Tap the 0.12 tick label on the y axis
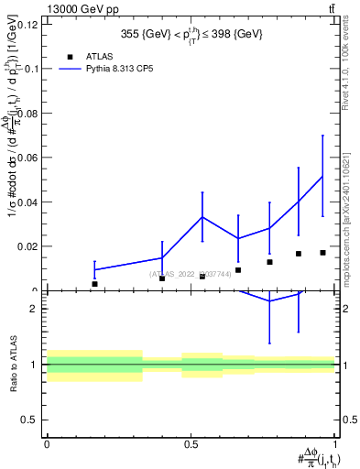[x=27, y=25]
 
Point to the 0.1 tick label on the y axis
[x=30, y=69]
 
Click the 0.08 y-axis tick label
[x=27, y=114]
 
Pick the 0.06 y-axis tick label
[x=27, y=158]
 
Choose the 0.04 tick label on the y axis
[x=27, y=202]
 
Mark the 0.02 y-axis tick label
[x=27, y=246]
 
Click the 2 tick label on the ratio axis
[x=36, y=309]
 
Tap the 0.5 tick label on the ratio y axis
[x=30, y=420]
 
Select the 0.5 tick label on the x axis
[x=191, y=444]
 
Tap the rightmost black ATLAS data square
[x=322, y=253]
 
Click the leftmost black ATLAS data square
[x=94, y=284]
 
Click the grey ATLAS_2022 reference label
[x=190, y=274]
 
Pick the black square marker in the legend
[x=71, y=56]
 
